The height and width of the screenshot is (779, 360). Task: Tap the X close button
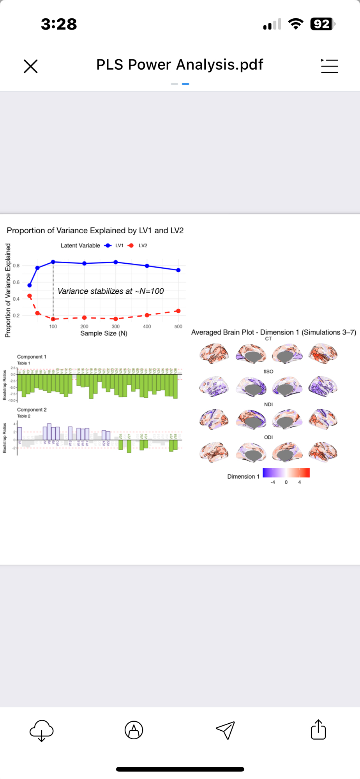coord(30,66)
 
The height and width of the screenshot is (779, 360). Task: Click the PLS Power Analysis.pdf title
coord(180,65)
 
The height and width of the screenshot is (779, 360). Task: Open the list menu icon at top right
coord(329,66)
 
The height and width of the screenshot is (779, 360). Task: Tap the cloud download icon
coord(41,730)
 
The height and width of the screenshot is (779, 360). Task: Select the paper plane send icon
coord(225,730)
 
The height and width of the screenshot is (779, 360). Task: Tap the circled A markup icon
coord(134,730)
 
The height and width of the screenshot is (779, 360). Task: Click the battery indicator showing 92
coord(322,24)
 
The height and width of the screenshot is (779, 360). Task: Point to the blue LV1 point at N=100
coord(53,262)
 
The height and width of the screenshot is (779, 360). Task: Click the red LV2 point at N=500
coord(178,311)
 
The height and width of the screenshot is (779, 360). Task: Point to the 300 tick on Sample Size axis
coord(116,326)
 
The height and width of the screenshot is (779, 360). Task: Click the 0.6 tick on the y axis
coord(16,282)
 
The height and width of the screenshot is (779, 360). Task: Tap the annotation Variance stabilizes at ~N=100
coord(111,291)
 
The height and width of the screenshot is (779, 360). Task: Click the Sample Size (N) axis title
coord(104,333)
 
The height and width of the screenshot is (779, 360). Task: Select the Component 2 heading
coord(32,410)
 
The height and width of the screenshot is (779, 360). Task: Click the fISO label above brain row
coord(268,372)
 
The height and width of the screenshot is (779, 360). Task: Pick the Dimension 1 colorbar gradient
coord(286,472)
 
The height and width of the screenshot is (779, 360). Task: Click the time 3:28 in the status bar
coord(59,24)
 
